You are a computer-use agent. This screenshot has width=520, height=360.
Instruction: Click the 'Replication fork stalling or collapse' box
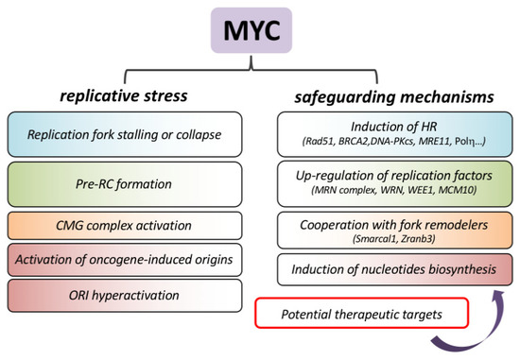click(x=126, y=135)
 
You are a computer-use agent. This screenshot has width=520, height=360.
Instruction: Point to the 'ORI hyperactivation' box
click(x=126, y=296)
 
